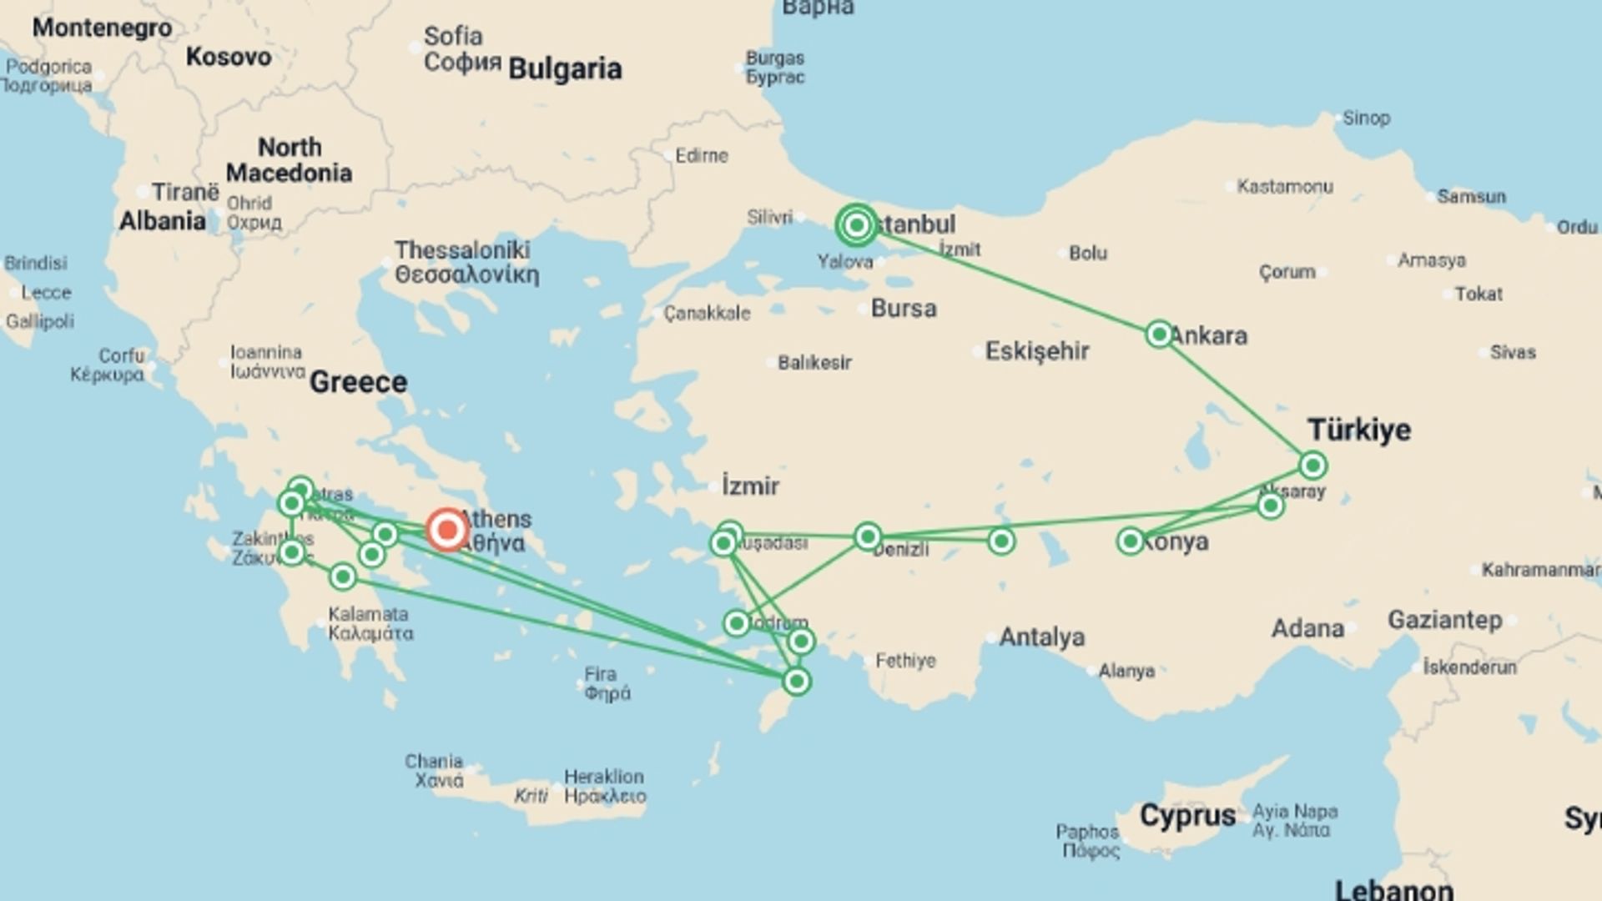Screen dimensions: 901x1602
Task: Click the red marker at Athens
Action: (x=446, y=530)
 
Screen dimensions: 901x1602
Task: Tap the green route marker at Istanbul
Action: (x=856, y=225)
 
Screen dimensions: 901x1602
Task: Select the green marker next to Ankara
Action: (x=1159, y=335)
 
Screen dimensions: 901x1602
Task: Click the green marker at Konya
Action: (x=1130, y=541)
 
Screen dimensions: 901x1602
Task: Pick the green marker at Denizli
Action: (x=868, y=536)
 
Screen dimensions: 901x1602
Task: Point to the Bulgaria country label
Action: (x=565, y=69)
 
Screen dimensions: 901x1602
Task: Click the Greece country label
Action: (x=358, y=382)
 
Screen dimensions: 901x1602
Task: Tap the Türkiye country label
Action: (x=1359, y=430)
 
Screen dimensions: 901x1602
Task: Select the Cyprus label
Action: (x=1187, y=815)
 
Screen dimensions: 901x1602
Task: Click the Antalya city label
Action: (x=1041, y=637)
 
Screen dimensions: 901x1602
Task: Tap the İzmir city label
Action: (x=750, y=486)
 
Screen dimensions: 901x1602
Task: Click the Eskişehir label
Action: (x=1037, y=351)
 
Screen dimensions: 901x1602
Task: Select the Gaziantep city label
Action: (x=1444, y=620)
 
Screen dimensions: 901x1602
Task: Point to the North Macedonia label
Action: (x=289, y=160)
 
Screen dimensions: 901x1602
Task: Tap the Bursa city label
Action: (x=904, y=309)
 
